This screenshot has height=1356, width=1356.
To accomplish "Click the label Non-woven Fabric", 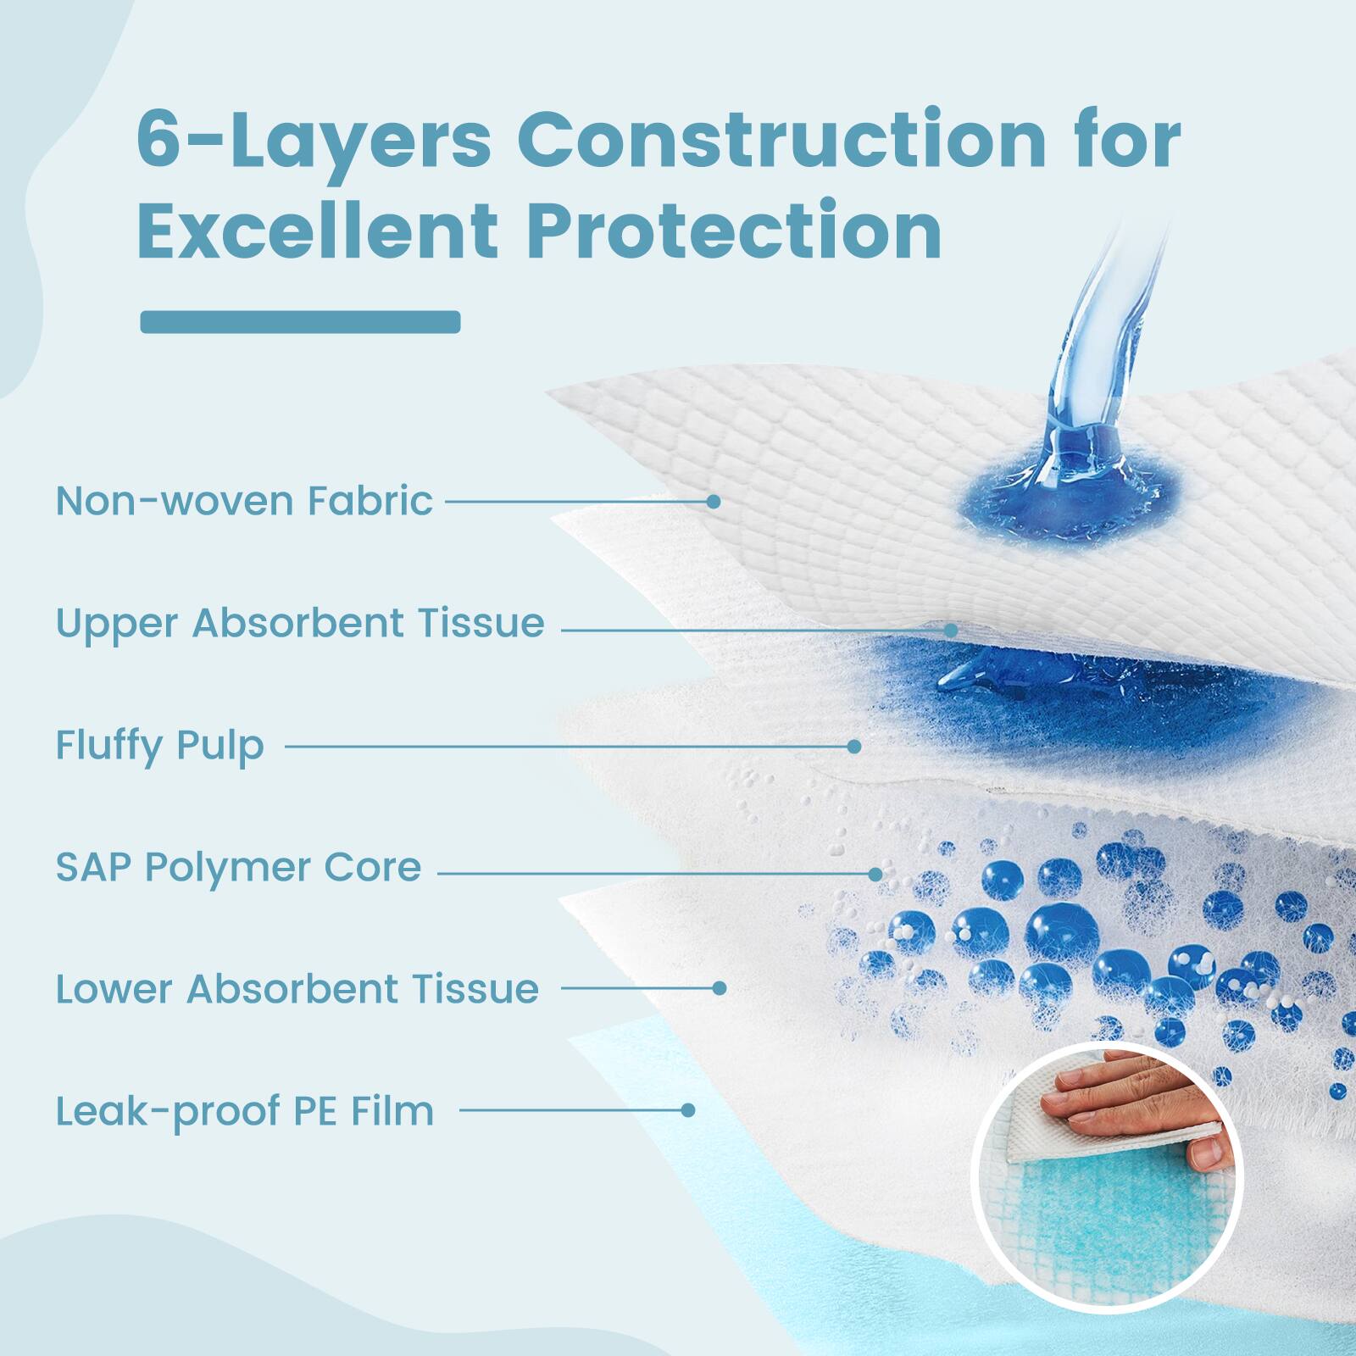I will (x=244, y=501).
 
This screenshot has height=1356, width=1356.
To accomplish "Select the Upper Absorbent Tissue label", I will (x=300, y=623).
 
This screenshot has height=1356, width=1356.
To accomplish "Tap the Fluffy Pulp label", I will (x=159, y=746).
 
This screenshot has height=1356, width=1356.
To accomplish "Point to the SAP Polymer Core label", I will (x=238, y=867).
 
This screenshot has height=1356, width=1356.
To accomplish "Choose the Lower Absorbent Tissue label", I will (x=297, y=989).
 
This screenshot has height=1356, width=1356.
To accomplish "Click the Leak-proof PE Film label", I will (x=244, y=1111).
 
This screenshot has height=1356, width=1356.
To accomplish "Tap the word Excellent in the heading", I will (x=317, y=230).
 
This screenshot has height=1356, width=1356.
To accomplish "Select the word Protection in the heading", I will (x=734, y=230).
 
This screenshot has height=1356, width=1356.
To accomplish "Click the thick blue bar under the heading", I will (x=300, y=322).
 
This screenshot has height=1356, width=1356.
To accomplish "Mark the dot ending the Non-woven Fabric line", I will (x=714, y=502).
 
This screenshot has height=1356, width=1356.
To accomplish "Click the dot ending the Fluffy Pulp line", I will (x=854, y=747).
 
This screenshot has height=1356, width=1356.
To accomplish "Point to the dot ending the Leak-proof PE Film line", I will (x=688, y=1110).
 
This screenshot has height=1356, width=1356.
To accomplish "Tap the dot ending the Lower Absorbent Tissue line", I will (x=719, y=988).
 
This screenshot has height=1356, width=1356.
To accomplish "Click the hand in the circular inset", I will (x=1127, y=1102).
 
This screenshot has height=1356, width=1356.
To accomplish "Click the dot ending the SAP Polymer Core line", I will (x=875, y=874).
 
